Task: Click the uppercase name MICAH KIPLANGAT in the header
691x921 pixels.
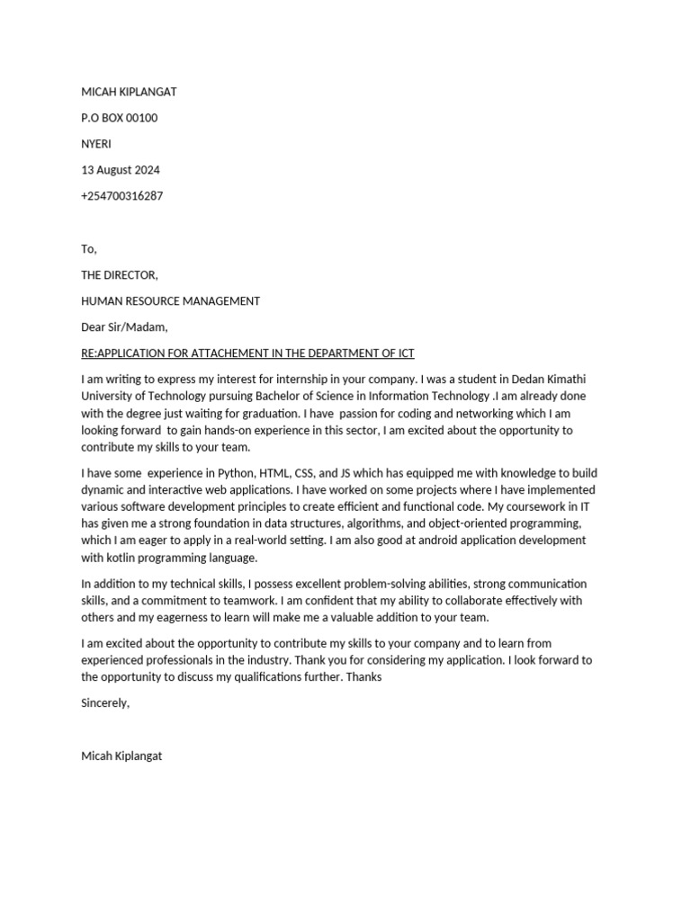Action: [129, 92]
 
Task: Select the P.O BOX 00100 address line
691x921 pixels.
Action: [120, 118]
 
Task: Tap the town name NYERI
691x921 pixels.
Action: [96, 144]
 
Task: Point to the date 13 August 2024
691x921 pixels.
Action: [121, 170]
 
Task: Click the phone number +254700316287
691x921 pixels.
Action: [122, 196]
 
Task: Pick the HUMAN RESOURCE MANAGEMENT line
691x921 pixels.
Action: [170, 301]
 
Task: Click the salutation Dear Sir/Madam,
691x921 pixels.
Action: [124, 327]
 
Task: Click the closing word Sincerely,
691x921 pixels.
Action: [105, 703]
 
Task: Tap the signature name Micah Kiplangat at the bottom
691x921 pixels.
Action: [121, 756]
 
